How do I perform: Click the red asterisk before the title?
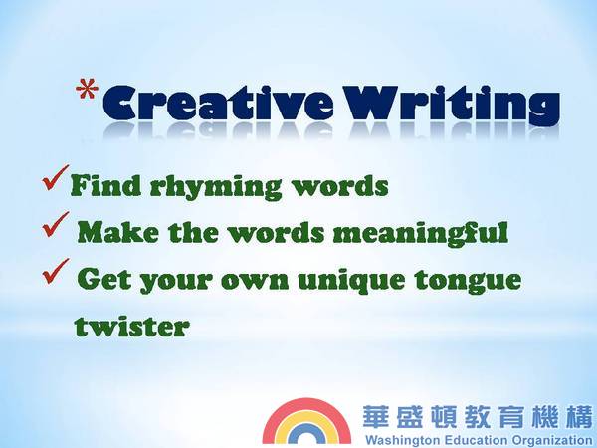pos(87,89)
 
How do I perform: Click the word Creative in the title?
pos(217,103)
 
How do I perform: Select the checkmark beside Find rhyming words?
pos(56,177)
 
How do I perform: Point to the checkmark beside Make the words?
pos(56,224)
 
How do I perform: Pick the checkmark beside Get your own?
pos(56,271)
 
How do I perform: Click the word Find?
pos(105,185)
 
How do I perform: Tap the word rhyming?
pos(216,187)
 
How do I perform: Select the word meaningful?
pos(421,233)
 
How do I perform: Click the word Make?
pos(117,232)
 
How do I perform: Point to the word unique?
pos(351,281)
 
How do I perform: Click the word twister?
pos(131,327)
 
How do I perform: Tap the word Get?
pos(104,279)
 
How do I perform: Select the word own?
pos(255,282)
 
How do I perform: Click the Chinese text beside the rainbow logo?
pos(478,417)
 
